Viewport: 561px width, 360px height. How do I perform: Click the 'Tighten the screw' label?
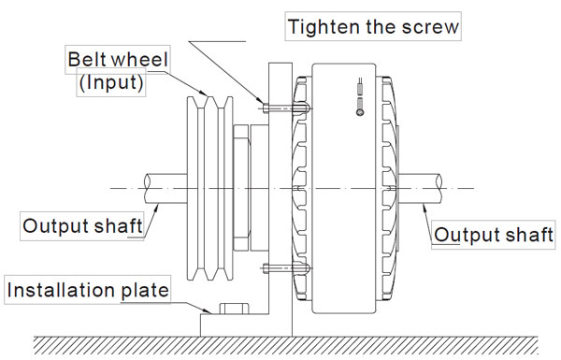coord(373,27)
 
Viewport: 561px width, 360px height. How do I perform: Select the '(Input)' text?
coord(111,82)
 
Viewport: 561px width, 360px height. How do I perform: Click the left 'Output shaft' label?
coord(82,226)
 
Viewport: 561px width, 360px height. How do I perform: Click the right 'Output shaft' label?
coord(494,235)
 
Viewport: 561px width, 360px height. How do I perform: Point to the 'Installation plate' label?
coord(88,290)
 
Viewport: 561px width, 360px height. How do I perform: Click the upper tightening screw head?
coord(266,108)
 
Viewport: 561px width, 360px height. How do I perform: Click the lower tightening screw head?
coord(266,268)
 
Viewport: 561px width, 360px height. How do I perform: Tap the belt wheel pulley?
coord(210,188)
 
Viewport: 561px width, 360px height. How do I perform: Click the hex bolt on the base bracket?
coord(235,309)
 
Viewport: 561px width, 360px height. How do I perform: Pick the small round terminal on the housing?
coord(360,112)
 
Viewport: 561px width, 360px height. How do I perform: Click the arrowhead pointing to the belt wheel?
coord(203,93)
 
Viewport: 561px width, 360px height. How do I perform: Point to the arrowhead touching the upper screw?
coord(260,100)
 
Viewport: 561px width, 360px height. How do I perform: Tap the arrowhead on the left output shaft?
coord(156,209)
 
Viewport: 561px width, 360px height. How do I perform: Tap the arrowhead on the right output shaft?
coord(424,209)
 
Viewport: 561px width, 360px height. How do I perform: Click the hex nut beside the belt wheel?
coord(241,188)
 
